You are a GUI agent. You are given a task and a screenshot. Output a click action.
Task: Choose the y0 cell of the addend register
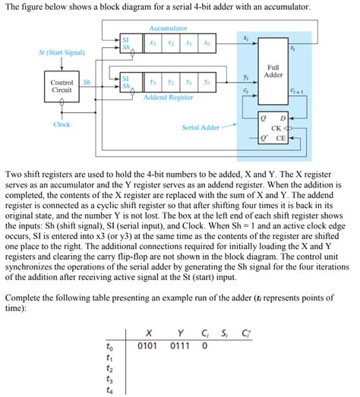tap(206, 82)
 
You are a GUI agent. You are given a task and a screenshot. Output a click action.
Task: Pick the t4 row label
tap(111, 392)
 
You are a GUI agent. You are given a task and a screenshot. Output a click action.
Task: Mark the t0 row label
tap(111, 347)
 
